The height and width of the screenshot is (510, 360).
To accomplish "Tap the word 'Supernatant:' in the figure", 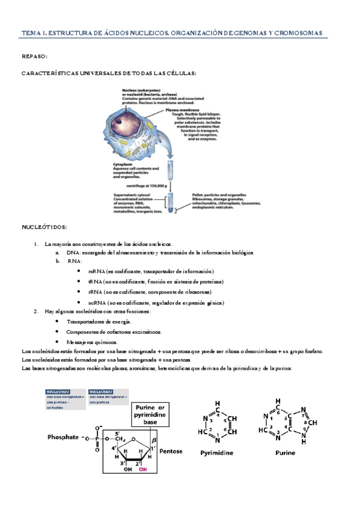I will pos(127,195).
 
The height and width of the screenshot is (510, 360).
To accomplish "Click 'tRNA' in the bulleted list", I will pos(94,281).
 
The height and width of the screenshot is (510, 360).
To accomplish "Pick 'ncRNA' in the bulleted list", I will pos(96,302).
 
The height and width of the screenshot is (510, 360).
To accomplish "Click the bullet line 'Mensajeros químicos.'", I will pos(93,342).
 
